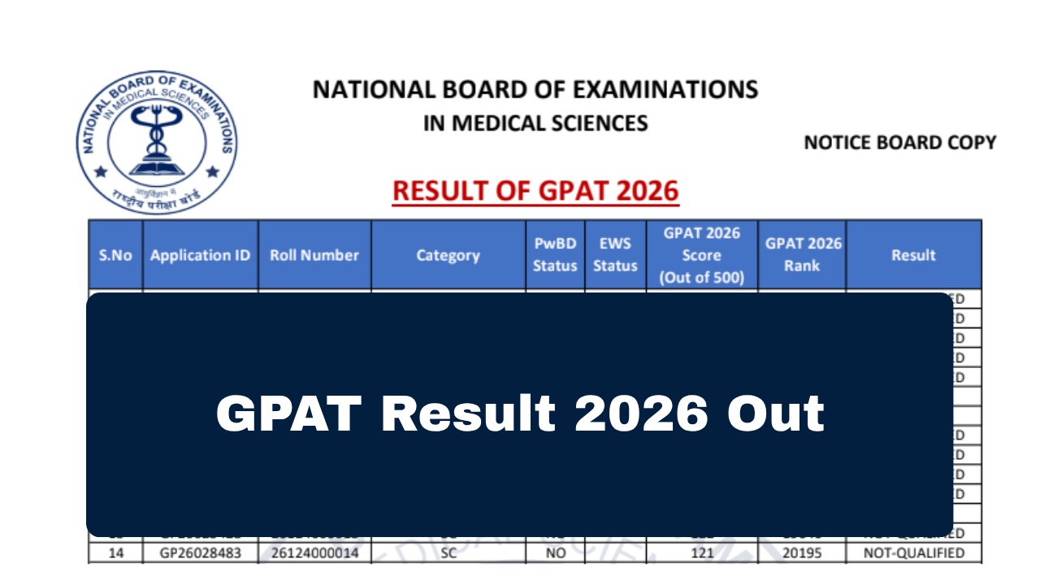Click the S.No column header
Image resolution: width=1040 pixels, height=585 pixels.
pos(115,255)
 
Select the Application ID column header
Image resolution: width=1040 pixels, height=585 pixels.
pos(200,255)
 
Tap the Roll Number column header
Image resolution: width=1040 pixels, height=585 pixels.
pos(314,255)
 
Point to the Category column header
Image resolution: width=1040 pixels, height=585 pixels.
pos(448,255)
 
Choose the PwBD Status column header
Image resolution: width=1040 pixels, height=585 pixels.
pos(555,255)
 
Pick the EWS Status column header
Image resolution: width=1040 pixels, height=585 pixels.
pos(615,255)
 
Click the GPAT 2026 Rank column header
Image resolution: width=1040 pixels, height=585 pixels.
pos(802,255)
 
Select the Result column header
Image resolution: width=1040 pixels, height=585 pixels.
pos(913,255)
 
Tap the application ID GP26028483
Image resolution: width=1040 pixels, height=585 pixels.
pos(200,554)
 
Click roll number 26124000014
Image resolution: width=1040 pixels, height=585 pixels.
pos(314,554)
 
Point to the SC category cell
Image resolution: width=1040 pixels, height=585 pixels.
pos(448,554)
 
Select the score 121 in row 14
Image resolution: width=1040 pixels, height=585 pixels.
pos(702,554)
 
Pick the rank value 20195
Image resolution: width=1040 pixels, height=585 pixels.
pos(802,554)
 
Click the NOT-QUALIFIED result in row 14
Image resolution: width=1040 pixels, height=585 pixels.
pos(913,554)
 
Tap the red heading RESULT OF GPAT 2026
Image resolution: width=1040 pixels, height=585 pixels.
pos(535,191)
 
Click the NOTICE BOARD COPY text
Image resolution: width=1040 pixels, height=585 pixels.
pos(899,143)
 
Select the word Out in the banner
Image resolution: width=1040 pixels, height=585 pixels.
pos(775,414)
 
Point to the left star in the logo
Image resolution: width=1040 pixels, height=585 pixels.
pos(101,172)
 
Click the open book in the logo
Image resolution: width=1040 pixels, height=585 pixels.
pos(156,168)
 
